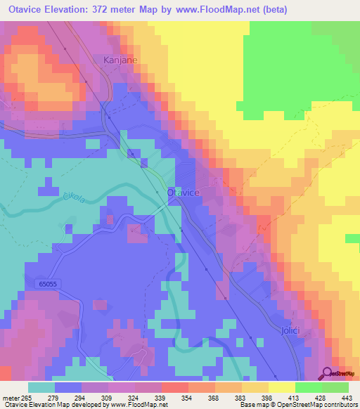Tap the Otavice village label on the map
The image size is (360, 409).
point(185,192)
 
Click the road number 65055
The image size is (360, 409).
point(49,283)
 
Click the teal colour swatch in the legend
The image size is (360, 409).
point(41,387)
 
